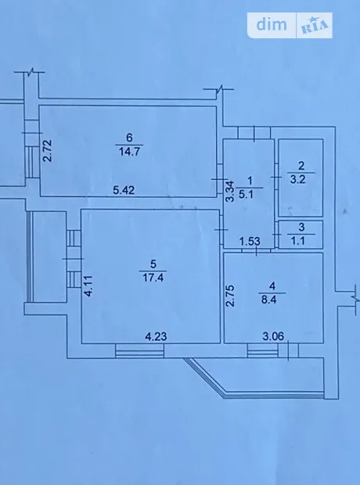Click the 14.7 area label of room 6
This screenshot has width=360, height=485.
129,152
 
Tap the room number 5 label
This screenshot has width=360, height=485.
153,264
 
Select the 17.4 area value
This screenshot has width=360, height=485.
153,278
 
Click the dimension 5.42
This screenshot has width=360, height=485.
124,190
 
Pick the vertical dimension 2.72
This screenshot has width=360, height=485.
48,151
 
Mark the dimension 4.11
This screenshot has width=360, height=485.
88,286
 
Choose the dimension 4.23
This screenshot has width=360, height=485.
156,336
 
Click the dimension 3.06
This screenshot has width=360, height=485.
273,336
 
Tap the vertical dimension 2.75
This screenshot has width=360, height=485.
230,296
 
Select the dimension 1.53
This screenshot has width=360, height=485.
250,241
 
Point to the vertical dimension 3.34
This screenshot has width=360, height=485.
229,192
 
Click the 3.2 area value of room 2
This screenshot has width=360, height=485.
297,179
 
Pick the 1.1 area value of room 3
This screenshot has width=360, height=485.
297,241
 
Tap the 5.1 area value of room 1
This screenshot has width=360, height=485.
247,194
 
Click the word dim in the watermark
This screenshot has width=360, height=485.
272,24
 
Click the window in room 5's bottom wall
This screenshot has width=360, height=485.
139,350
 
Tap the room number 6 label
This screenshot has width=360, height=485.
129,137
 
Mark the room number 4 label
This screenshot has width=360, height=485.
272,286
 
